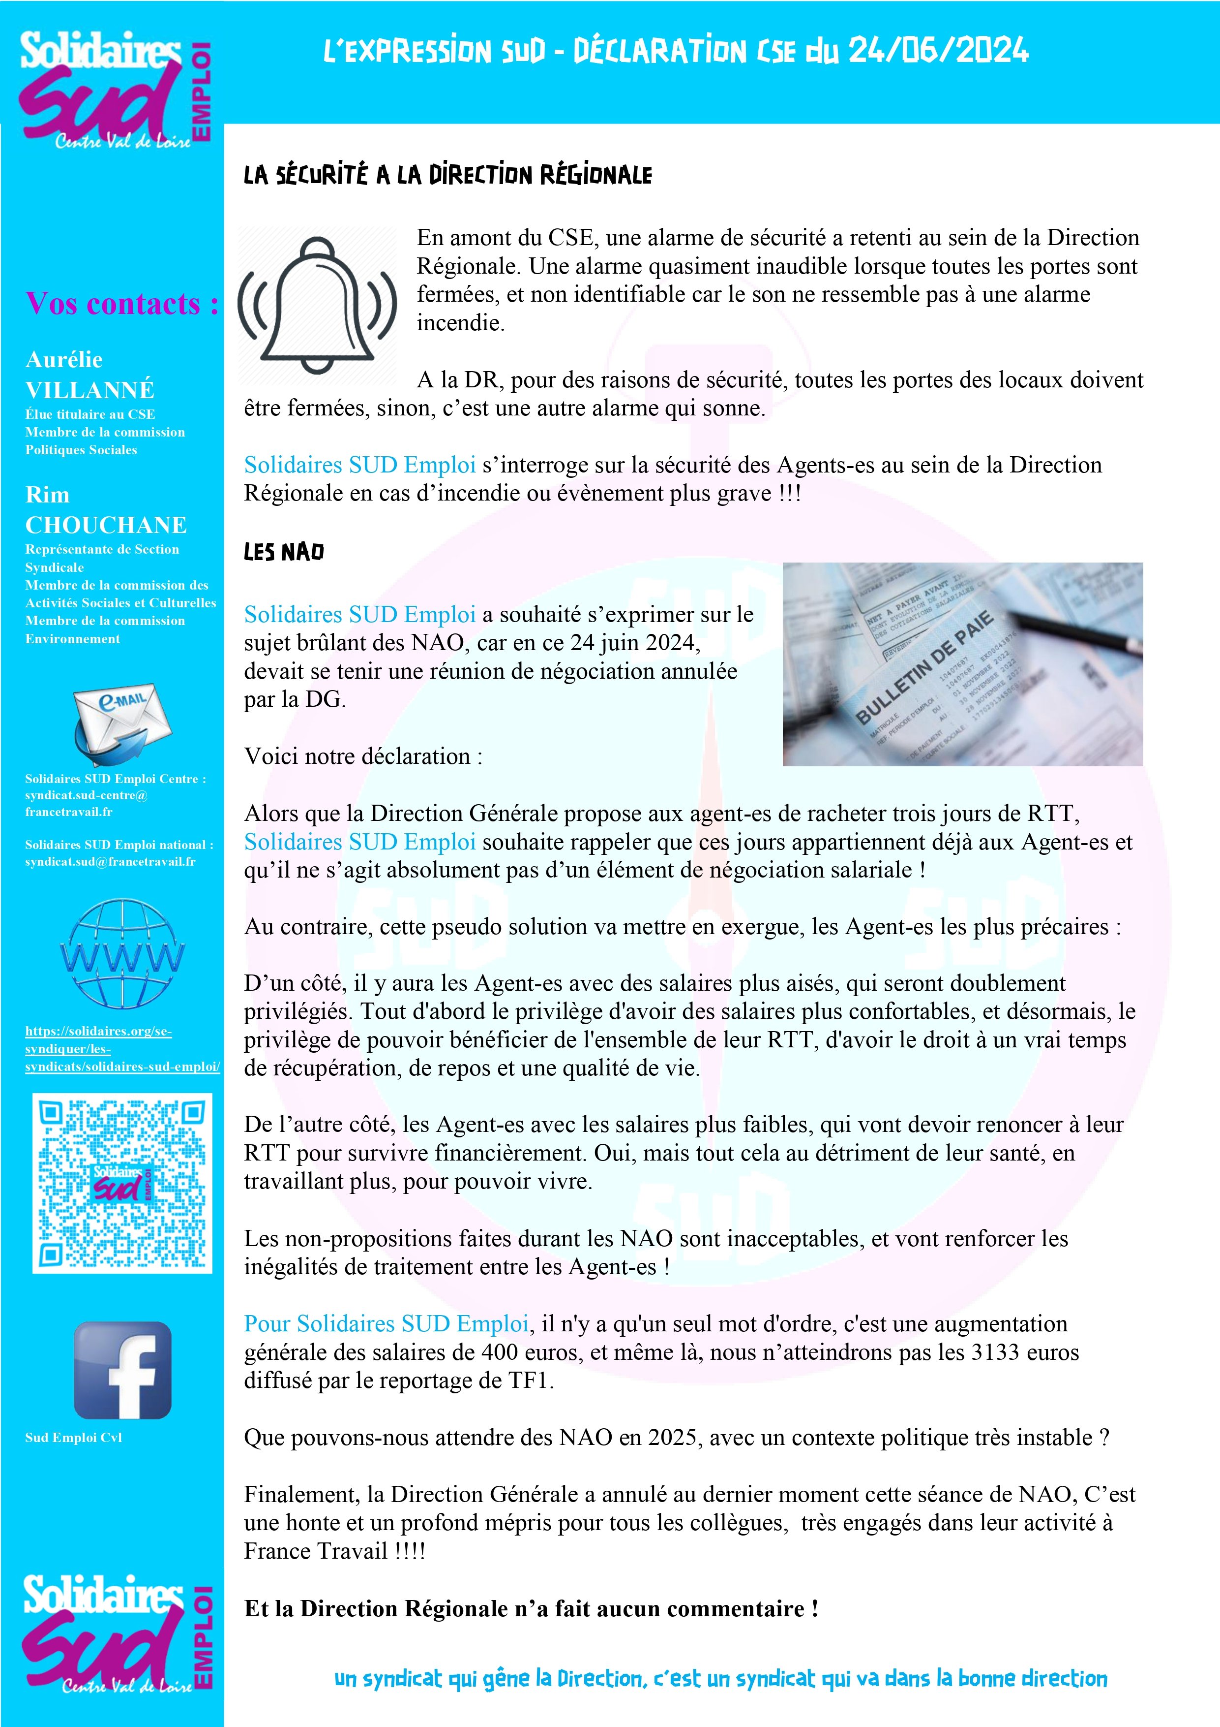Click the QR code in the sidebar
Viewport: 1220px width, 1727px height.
click(122, 1183)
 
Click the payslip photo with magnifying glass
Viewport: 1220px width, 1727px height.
click(962, 664)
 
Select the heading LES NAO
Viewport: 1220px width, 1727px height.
click(283, 552)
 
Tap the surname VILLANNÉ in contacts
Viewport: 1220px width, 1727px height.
click(89, 390)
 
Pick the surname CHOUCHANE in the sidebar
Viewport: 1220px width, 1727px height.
click(106, 525)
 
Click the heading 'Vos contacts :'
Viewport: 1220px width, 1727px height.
click(122, 304)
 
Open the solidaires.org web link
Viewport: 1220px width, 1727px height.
click(122, 1048)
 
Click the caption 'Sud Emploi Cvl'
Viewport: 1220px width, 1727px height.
click(73, 1438)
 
